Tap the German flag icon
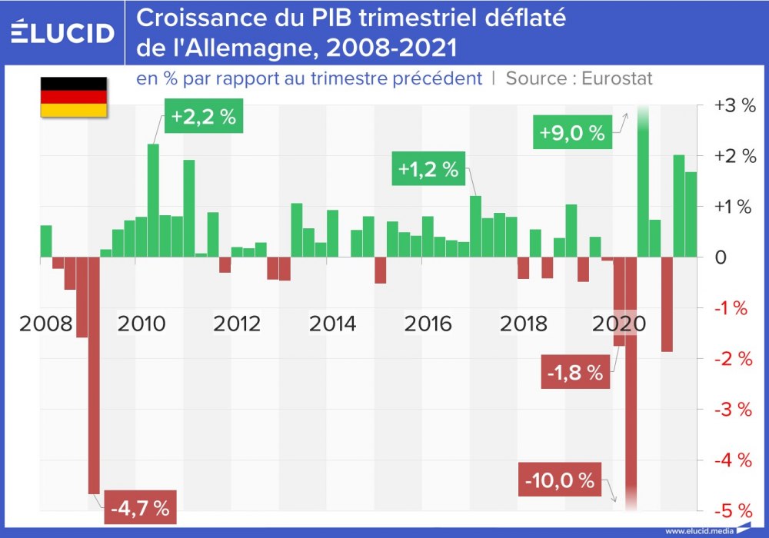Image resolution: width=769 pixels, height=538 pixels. [73, 97]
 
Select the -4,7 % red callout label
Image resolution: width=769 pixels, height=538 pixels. [139, 507]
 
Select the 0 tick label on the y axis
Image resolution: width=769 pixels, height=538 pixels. [721, 257]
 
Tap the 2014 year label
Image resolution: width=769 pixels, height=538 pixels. [332, 323]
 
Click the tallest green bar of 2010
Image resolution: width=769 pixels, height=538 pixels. [153, 200]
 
